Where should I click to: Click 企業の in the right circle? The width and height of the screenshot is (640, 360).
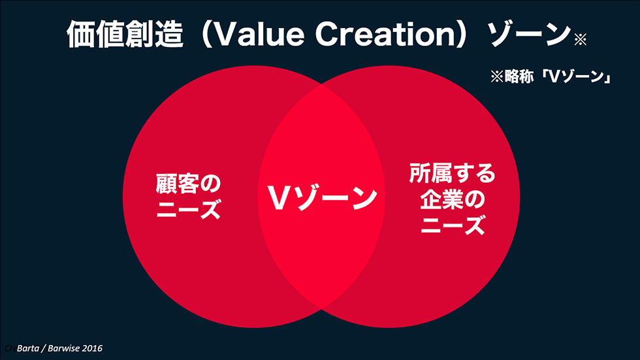click(x=452, y=199)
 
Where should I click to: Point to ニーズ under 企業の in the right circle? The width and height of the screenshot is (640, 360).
click(x=452, y=226)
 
